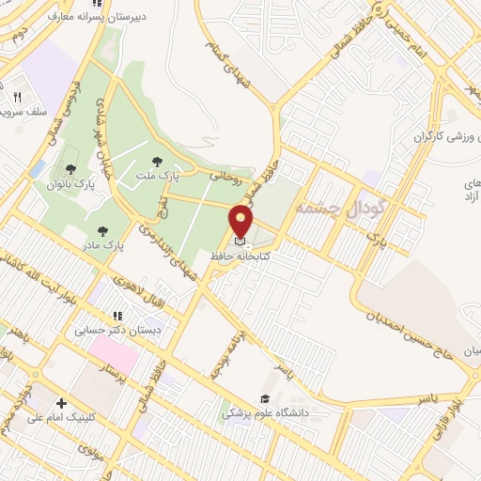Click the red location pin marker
pyautogui.click(x=241, y=221)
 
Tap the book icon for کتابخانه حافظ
pyautogui.click(x=240, y=241)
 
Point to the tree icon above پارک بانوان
pyautogui.click(x=71, y=169)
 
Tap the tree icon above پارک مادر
pyautogui.click(x=101, y=230)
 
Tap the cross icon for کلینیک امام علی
pyautogui.click(x=61, y=403)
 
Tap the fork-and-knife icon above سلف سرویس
pyautogui.click(x=17, y=97)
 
